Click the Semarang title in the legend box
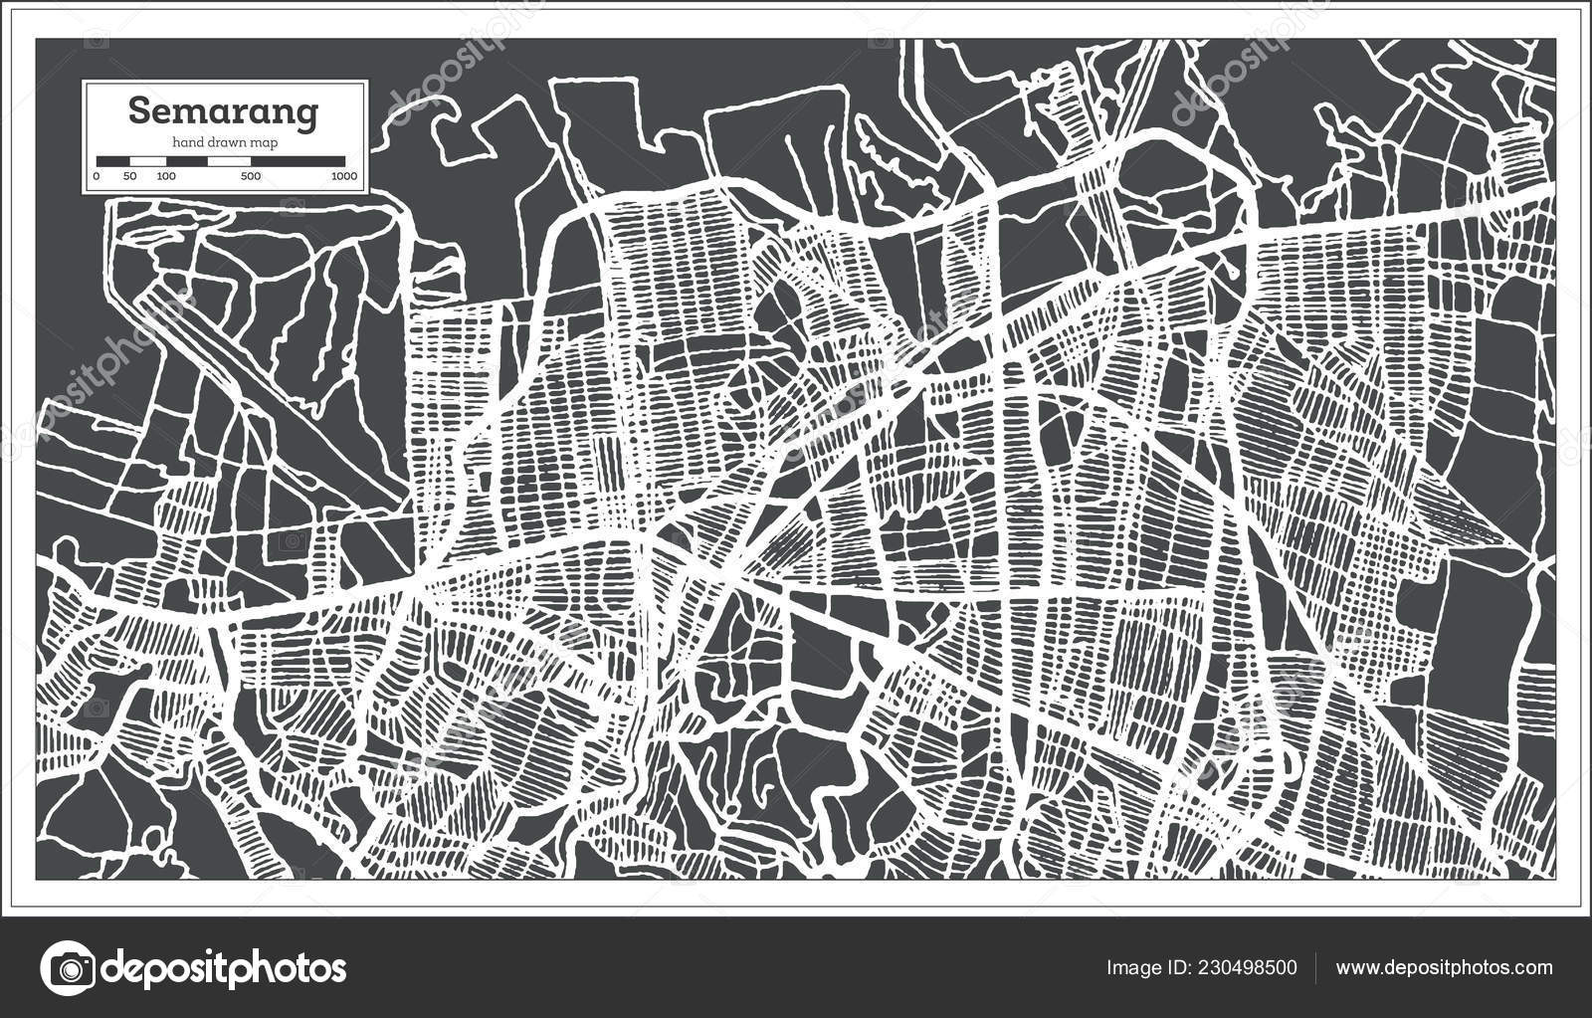click(225, 111)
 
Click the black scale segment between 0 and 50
click(112, 160)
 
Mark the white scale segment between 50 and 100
click(147, 160)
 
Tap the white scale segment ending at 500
click(230, 160)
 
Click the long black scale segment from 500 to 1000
click(298, 160)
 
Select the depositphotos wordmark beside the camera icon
click(225, 968)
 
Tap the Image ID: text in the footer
click(1145, 967)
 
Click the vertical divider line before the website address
click(1316, 967)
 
